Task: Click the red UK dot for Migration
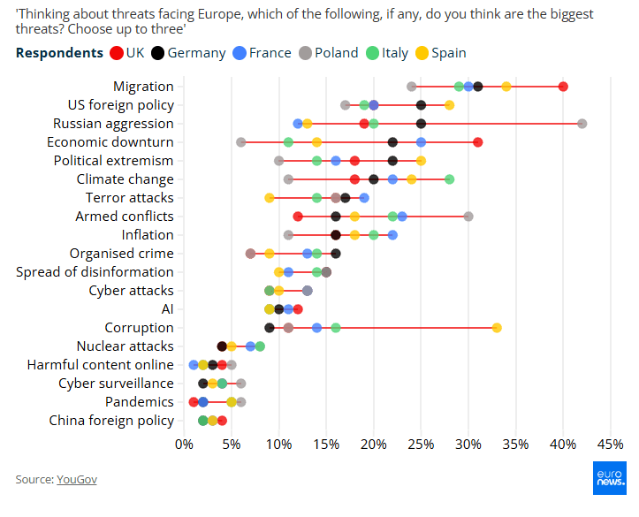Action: [563, 86]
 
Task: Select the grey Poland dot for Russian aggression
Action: [582, 123]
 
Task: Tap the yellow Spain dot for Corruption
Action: [497, 328]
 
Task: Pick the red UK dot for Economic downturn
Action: [478, 141]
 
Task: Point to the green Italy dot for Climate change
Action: [449, 179]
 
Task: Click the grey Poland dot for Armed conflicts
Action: [468, 217]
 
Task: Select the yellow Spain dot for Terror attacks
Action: [270, 198]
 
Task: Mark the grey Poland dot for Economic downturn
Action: [240, 141]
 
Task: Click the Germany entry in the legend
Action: [188, 53]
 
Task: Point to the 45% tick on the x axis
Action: [611, 442]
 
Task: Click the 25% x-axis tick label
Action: [422, 442]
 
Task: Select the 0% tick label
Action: [184, 442]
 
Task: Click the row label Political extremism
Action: [113, 161]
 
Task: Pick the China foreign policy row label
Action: [110, 421]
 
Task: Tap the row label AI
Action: [167, 309]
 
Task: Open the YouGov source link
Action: [77, 479]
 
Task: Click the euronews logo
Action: [609, 477]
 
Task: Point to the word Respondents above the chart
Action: [59, 53]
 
